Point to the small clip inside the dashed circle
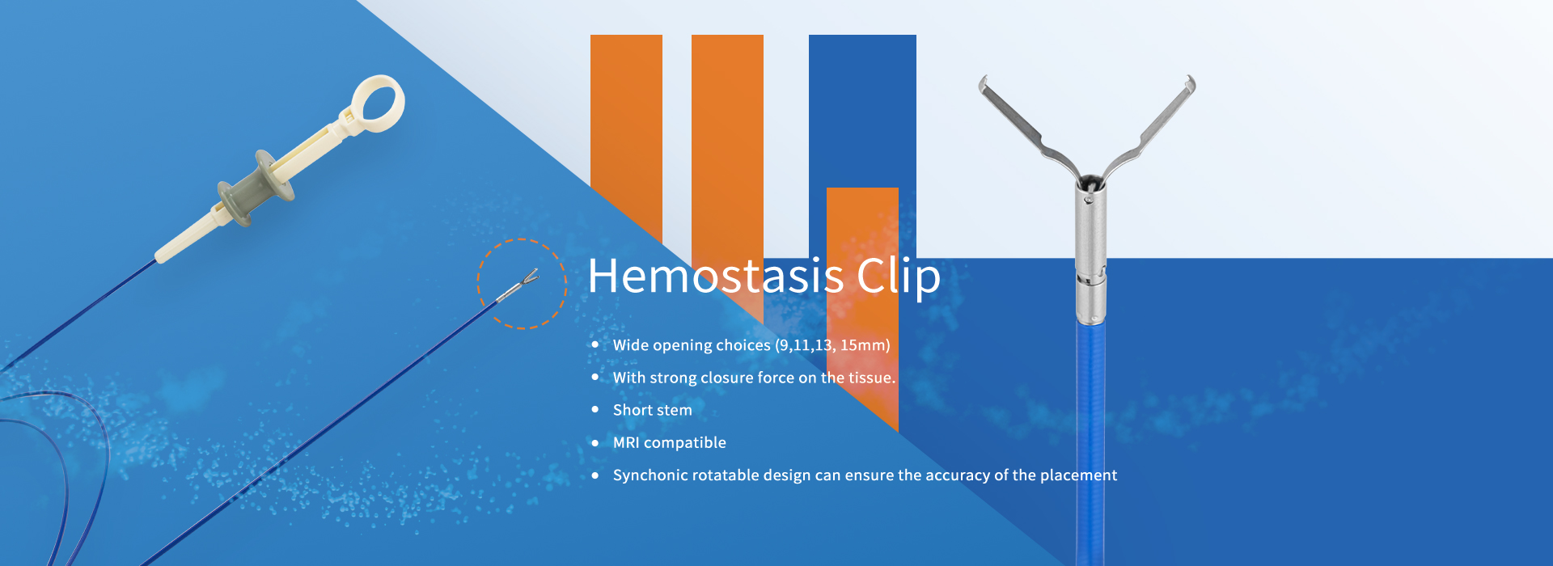pyautogui.click(x=518, y=285)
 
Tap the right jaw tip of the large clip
pyautogui.click(x=1191, y=83)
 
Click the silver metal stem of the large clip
pyautogui.click(x=1090, y=251)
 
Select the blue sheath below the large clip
pyautogui.click(x=1090, y=445)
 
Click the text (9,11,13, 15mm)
pyautogui.click(x=832, y=345)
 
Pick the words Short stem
pyautogui.click(x=653, y=410)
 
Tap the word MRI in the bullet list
pyautogui.click(x=626, y=442)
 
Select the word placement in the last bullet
pyautogui.click(x=1078, y=475)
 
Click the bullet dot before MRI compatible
pyautogui.click(x=595, y=442)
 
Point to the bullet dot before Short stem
pyautogui.click(x=595, y=410)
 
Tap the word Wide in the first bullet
pyautogui.click(x=630, y=345)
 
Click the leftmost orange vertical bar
pyautogui.click(x=626, y=137)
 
